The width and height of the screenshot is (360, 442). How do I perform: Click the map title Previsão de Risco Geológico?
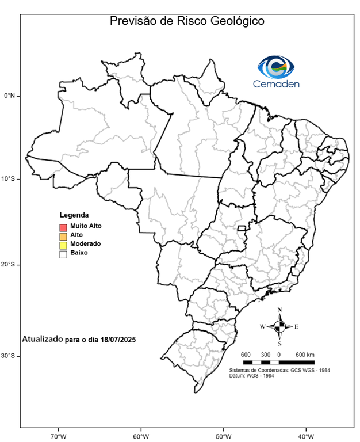coord(187,21)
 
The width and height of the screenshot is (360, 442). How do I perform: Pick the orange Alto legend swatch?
coord(63,235)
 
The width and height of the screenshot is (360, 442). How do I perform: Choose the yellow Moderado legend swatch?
coord(63,244)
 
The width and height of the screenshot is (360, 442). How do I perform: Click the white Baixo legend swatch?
coord(63,253)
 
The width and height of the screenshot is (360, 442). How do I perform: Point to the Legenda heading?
coord(74,215)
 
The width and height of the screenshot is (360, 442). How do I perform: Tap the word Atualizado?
coord(41,340)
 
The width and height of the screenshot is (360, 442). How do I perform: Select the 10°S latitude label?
coord(9,179)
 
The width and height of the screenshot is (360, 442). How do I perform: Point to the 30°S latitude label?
coord(9,356)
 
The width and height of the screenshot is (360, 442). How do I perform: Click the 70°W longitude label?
coord(58,435)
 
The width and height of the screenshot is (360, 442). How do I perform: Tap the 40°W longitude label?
coord(305,435)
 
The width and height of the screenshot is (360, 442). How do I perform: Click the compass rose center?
coord(279,326)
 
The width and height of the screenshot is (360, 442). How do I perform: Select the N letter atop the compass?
coord(279,310)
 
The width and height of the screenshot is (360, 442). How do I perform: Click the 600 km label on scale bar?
coord(305,354)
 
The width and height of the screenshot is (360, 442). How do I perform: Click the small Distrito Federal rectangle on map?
coord(242,228)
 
